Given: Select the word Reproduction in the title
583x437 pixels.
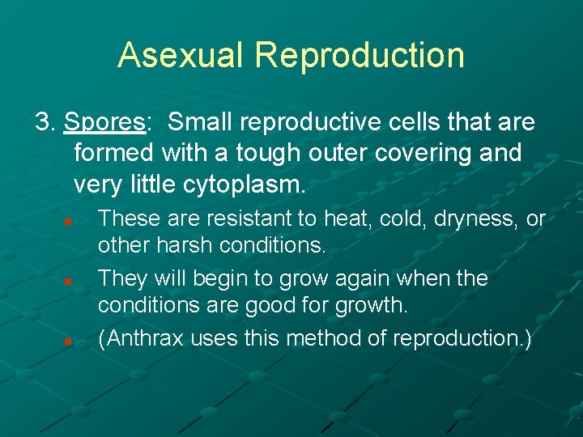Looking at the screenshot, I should pyautogui.click(x=360, y=55).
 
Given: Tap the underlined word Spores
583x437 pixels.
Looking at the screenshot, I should pyautogui.click(x=104, y=122).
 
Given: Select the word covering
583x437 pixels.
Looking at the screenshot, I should pyautogui.click(x=410, y=154).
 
